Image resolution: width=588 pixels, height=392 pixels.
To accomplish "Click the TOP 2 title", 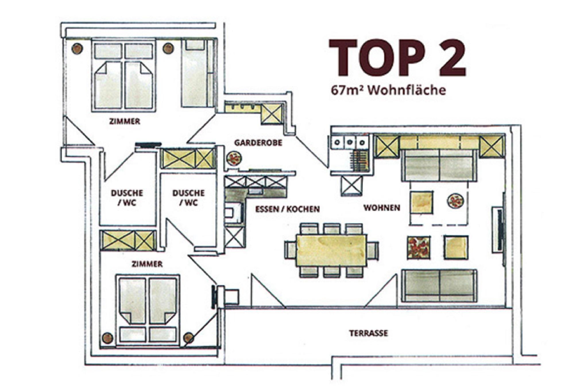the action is click(397, 58).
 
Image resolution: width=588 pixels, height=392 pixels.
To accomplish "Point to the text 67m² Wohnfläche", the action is click(388, 90).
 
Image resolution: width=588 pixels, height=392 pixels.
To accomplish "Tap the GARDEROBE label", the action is click(258, 143).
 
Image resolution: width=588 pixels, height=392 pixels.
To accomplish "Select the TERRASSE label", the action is click(369, 333).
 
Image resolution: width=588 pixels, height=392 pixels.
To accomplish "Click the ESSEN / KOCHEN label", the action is click(287, 209).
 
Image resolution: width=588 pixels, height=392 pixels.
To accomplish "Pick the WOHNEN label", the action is click(382, 208).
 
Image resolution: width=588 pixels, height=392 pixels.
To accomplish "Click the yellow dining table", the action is click(332, 250).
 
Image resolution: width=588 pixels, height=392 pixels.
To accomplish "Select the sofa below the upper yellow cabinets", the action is click(439, 165).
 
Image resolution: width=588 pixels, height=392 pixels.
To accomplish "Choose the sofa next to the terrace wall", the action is click(439, 285).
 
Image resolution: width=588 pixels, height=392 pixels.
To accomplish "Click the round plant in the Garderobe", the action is click(234, 159).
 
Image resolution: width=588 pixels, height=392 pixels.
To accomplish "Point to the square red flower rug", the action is click(419, 248).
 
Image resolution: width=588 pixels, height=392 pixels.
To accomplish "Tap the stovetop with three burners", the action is click(349, 142).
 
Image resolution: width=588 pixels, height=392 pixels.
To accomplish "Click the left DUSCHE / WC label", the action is click(127, 198).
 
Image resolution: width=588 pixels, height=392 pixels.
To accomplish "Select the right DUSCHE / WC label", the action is click(188, 198).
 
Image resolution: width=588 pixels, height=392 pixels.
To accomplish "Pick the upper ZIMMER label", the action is click(125, 121).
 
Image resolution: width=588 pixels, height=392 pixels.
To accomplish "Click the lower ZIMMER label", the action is click(147, 264).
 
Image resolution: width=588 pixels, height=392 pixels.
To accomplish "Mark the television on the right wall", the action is click(500, 230).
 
